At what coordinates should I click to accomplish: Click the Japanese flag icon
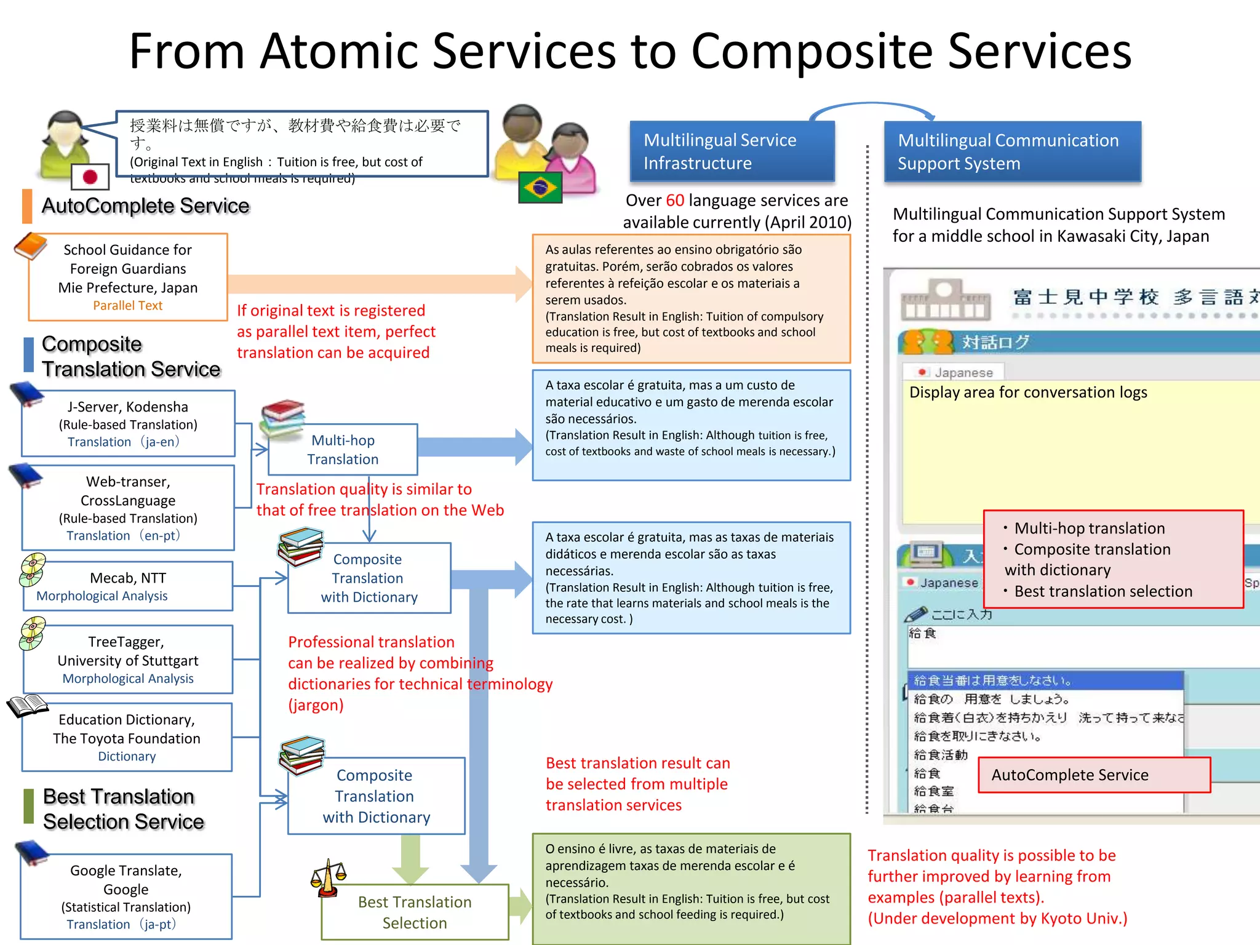90,177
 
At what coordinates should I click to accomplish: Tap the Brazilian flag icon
540,188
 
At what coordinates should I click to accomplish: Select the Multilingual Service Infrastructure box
732,151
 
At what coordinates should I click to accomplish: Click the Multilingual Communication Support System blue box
1012,152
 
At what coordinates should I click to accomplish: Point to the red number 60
674,201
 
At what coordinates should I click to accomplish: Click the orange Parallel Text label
127,306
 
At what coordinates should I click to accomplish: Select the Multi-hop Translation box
343,450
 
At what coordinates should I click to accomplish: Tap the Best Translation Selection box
415,912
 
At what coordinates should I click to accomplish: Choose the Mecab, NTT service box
128,586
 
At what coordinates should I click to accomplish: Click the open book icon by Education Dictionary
27,706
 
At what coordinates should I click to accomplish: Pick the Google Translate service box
126,896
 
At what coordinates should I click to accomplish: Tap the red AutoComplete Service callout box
1094,775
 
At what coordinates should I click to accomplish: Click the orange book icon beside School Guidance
31,246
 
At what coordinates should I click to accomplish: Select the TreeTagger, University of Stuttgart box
128,660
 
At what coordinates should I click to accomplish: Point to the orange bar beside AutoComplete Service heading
27,205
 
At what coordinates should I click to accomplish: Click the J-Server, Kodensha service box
128,423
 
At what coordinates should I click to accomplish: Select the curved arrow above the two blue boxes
872,108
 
